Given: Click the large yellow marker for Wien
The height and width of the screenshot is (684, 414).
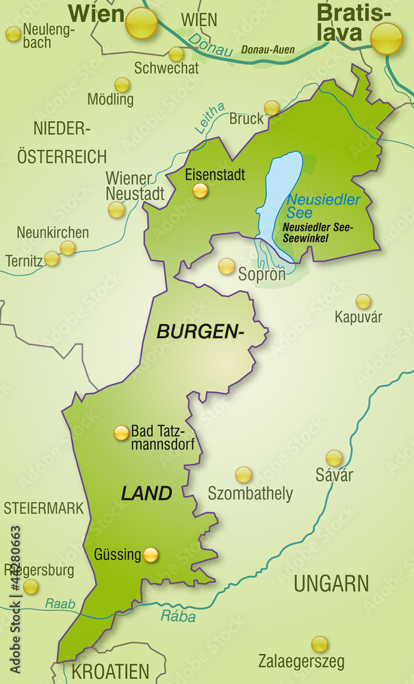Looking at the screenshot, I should point(142,23).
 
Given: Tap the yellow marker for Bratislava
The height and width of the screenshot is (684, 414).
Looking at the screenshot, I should point(387,38).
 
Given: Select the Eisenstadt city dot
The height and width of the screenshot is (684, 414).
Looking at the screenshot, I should point(200,191).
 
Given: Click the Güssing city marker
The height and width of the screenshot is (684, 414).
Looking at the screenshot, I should point(151,554).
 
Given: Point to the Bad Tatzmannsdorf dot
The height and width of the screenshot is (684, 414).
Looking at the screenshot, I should point(121,432).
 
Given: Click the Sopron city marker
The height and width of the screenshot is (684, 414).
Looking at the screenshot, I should point(227,266).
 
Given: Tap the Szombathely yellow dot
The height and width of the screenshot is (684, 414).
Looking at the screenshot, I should point(243,474).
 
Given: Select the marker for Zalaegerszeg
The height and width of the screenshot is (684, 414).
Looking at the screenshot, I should point(320,644).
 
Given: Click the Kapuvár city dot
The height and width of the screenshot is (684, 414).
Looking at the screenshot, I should point(363,301).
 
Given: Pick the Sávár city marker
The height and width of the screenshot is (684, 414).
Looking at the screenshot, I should point(334,458).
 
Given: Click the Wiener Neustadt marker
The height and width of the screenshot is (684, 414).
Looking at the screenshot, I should point(116,209).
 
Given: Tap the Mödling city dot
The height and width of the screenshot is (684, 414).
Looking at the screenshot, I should point(122,85).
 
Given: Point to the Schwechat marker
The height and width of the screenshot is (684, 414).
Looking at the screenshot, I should point(177,54).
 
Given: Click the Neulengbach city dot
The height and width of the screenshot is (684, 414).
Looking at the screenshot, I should point(13,34).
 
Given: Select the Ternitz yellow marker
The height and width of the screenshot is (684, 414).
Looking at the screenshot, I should point(52,259).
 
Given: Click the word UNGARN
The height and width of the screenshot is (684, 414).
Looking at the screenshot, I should point(331,583).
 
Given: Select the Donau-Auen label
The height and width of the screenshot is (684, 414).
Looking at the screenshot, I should point(268,50).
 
